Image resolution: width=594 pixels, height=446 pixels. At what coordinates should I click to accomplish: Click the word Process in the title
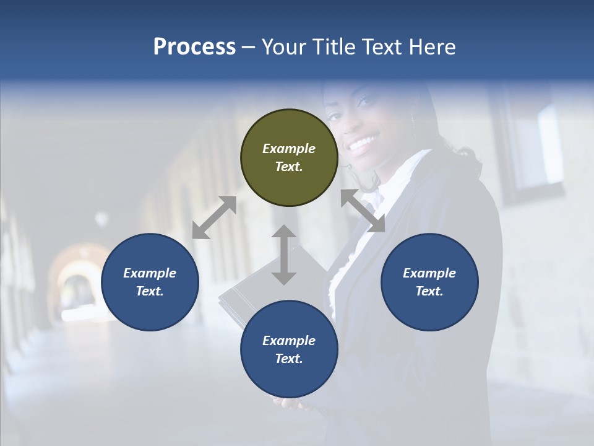(x=194, y=47)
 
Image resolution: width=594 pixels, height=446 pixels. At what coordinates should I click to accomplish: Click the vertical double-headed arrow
(x=284, y=255)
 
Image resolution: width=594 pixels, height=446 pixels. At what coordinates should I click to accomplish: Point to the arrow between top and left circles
(x=214, y=217)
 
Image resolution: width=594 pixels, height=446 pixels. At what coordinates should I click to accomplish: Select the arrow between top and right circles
(x=363, y=211)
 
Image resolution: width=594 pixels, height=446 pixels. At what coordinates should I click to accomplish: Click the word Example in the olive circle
(x=289, y=149)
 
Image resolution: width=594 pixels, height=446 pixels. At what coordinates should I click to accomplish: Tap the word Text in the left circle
(x=150, y=291)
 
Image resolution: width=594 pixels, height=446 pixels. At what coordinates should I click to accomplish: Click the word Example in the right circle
(x=429, y=273)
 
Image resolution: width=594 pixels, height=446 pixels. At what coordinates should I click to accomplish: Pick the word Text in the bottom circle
(x=289, y=359)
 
